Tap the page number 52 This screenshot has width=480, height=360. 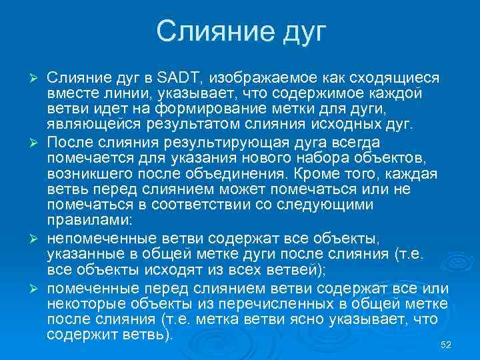tap(447, 344)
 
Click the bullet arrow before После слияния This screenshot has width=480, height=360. tap(37, 143)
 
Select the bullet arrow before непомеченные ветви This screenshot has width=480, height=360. tap(37, 239)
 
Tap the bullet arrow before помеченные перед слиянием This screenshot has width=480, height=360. tap(37, 288)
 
